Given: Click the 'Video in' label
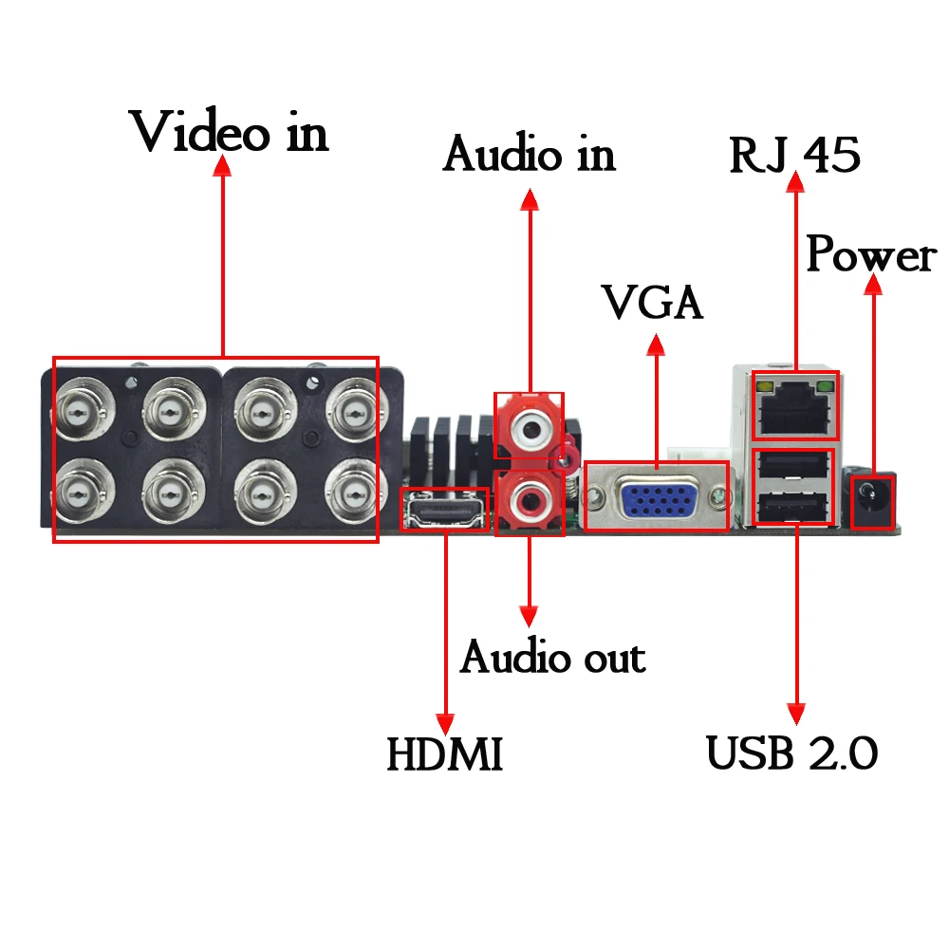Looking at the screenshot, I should pos(231,132).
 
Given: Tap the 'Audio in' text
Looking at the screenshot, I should pos(529,154).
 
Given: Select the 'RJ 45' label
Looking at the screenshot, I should pos(794,156).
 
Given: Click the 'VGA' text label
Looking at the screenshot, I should pos(654,303).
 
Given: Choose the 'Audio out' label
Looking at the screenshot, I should pos(552,657).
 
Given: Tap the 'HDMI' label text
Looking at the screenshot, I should pos(444,755).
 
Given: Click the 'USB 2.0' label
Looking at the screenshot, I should pos(792,754).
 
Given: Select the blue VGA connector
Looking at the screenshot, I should pos(656,495).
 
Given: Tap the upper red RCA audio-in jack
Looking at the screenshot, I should pos(528,429).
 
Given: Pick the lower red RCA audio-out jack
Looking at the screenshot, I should pos(528,499).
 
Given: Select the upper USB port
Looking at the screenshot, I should pos(795,465).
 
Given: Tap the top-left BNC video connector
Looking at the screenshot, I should pos(83,410).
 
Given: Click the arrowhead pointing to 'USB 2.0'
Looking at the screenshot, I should pos(796,714).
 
